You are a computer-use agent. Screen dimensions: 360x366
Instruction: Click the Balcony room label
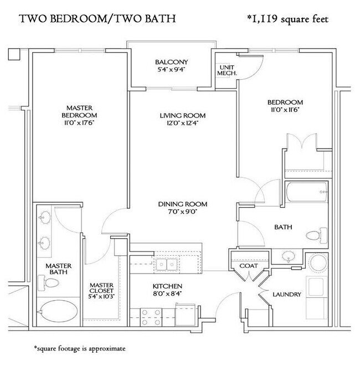(x=171, y=62)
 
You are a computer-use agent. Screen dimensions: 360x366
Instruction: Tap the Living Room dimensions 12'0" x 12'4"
(x=183, y=123)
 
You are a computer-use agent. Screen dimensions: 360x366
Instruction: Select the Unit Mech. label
(x=227, y=70)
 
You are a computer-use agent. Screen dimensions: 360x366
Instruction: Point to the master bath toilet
(x=48, y=283)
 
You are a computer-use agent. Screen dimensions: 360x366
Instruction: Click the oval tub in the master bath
(x=58, y=312)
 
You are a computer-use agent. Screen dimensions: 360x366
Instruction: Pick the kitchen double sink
(x=167, y=264)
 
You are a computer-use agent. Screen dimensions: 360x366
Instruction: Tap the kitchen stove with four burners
(x=151, y=317)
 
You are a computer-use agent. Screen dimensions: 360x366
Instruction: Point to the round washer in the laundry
(x=318, y=263)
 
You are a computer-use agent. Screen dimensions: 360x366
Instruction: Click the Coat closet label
(x=249, y=266)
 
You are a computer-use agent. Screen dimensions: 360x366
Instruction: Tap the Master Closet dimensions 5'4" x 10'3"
(x=101, y=296)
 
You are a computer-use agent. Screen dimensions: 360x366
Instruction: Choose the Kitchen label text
(x=167, y=286)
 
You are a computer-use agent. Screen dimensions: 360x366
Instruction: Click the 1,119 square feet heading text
(x=287, y=19)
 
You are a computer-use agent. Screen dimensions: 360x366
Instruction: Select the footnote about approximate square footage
(x=80, y=348)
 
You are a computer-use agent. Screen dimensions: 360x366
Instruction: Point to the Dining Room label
(x=183, y=204)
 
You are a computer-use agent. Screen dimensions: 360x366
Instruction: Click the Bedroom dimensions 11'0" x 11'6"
(x=285, y=110)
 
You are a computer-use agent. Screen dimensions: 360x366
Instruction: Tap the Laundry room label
(x=287, y=295)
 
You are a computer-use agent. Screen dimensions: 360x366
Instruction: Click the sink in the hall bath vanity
(x=289, y=256)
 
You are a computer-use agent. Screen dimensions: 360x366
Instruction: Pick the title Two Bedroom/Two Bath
(x=97, y=19)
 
